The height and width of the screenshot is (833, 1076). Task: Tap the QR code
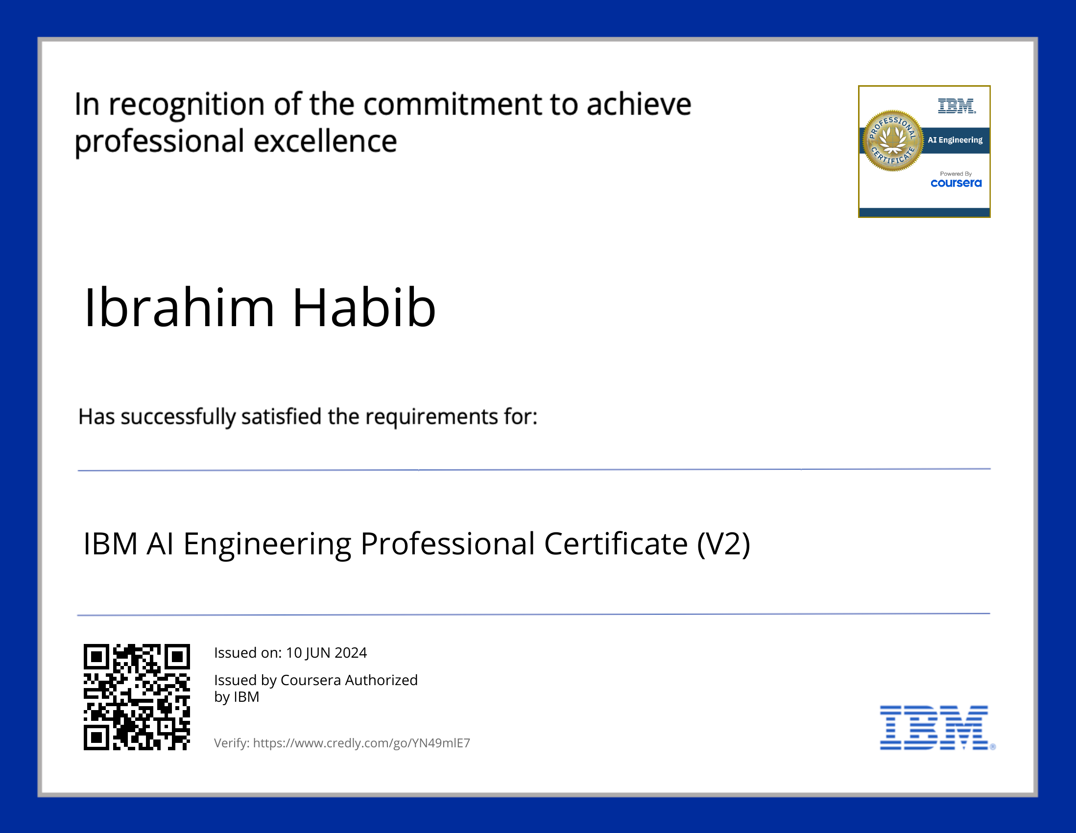(x=137, y=697)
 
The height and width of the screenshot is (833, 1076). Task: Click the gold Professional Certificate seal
(x=892, y=141)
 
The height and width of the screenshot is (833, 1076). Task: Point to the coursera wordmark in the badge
(x=956, y=183)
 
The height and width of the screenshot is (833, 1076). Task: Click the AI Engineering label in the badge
(x=955, y=140)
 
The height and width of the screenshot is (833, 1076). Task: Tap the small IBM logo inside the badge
(x=956, y=106)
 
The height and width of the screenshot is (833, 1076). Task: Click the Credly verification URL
(x=361, y=743)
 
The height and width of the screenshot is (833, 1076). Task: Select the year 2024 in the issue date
(x=351, y=653)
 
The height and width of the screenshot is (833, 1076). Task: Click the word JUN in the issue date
(x=318, y=653)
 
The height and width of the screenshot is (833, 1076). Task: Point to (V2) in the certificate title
(x=724, y=544)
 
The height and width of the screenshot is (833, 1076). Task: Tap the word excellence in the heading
(x=325, y=142)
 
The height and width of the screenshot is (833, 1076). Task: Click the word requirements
(x=431, y=417)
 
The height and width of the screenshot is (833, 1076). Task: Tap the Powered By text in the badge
(x=956, y=174)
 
